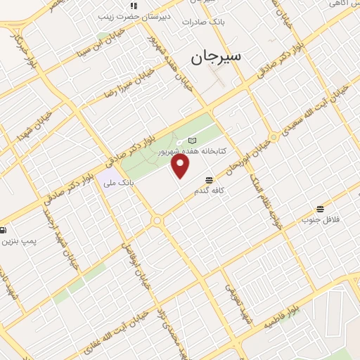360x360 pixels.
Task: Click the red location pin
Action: pyautogui.click(x=181, y=166)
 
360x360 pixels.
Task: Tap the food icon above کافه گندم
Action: pyautogui.click(x=209, y=181)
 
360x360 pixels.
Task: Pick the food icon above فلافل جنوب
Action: pyautogui.click(x=321, y=209)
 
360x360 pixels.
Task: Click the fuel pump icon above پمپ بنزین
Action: pyautogui.click(x=3, y=230)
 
